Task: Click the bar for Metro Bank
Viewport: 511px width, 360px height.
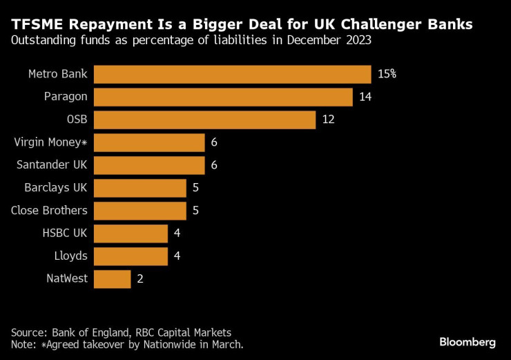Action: [x=232, y=74]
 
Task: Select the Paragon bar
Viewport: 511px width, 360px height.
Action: [x=223, y=97]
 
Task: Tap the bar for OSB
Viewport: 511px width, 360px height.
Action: [x=204, y=120]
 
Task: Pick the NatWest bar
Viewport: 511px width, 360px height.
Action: [x=112, y=279]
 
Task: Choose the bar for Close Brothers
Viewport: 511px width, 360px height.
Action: [x=139, y=211]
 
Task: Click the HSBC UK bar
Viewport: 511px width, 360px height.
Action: [x=131, y=234]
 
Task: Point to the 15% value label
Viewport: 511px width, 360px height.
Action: [x=387, y=74]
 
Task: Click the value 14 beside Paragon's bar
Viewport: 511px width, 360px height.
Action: [x=365, y=97]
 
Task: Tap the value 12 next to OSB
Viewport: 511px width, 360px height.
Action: [x=328, y=120]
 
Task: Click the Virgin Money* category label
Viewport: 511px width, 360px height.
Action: [x=50, y=142]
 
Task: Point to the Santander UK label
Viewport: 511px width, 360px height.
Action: [x=52, y=165]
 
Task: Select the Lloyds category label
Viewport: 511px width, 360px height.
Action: [x=70, y=256]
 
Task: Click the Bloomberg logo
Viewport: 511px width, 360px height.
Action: [x=467, y=341]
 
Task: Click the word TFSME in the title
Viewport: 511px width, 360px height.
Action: [x=35, y=24]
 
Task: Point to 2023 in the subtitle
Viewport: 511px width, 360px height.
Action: [x=358, y=41]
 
